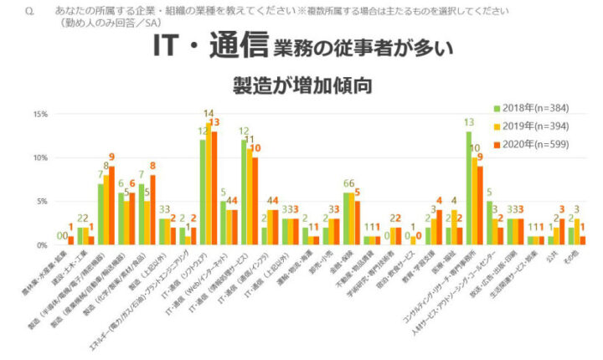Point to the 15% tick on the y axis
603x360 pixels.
pos(39,114)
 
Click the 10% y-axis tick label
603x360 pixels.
pos(39,157)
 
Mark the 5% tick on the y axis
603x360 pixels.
pos(40,202)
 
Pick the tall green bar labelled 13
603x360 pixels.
pos(469,188)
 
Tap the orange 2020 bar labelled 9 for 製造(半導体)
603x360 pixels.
pos(111,206)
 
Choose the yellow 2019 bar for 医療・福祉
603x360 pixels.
pos(453,228)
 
